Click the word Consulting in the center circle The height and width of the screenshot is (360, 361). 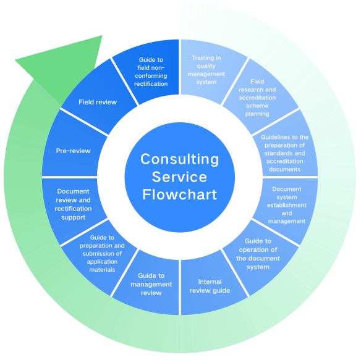pos(180,159)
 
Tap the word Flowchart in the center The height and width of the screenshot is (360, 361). pos(180,195)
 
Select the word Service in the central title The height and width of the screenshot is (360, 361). pos(179,177)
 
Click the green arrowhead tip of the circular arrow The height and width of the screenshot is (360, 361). pos(15,61)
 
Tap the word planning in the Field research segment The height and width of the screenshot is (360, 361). pos(257,114)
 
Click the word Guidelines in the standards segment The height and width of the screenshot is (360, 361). pos(272,137)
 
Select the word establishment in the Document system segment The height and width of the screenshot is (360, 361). pos(287,205)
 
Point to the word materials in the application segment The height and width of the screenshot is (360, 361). pos(102,270)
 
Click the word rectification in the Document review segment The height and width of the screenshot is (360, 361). pos(73,209)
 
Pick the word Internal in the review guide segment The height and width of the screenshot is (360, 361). pos(210,282)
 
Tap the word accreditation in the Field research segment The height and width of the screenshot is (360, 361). pos(257,98)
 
